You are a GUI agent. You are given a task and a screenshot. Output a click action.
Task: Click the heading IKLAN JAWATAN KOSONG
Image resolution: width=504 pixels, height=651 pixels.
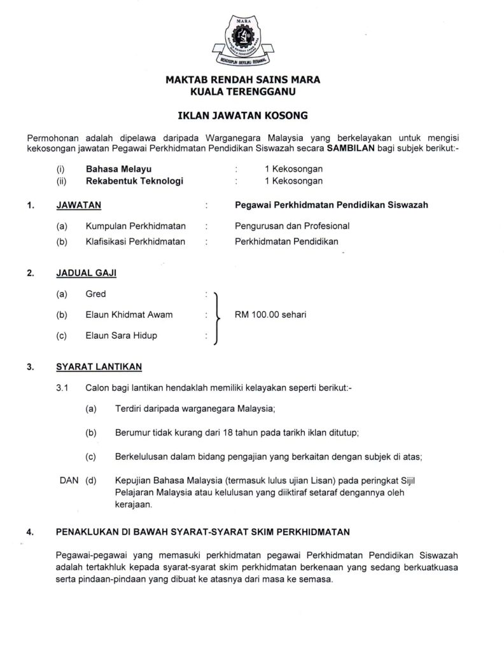[x=242, y=116]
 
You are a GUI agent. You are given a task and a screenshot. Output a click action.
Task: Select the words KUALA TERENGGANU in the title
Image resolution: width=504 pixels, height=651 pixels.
[x=242, y=92]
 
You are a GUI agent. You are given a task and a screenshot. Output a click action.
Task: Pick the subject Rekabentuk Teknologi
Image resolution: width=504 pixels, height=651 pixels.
[x=134, y=181]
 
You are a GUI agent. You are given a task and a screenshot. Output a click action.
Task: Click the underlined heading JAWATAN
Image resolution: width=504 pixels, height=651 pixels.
[x=78, y=205]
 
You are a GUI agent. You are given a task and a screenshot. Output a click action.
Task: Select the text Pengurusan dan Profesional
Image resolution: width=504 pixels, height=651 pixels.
[x=291, y=226]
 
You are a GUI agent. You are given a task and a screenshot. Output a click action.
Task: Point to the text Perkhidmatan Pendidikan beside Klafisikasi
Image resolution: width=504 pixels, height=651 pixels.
[x=286, y=241]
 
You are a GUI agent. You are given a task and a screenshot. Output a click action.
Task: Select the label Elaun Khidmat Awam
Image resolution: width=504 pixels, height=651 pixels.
[x=129, y=315]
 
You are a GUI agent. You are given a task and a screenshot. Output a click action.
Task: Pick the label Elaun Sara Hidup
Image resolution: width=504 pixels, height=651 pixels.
[x=121, y=336]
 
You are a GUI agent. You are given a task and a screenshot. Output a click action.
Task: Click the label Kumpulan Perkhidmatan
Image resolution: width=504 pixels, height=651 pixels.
[x=136, y=226]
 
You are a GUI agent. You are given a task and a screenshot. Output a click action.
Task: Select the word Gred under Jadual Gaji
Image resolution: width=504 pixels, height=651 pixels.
[x=96, y=294]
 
